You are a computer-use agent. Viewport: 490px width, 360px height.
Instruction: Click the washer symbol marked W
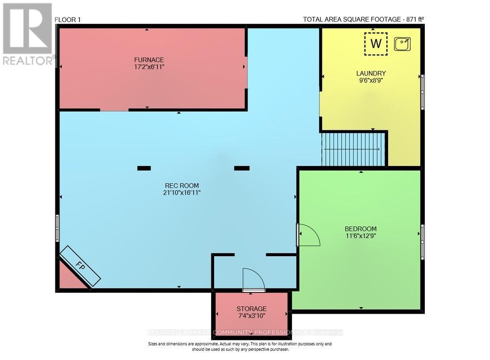point(376,43)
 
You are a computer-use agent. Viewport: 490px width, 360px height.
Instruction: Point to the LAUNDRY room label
point(371,73)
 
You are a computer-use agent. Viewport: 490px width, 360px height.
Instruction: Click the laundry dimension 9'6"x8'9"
point(371,81)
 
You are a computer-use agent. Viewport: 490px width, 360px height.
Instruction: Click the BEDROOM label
point(361,229)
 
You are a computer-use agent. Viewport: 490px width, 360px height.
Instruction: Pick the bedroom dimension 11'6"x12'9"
point(361,236)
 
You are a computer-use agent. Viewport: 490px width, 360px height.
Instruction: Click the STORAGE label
point(251,309)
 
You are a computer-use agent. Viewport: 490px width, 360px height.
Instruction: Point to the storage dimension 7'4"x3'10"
point(251,316)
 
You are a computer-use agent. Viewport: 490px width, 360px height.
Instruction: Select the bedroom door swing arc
point(309,236)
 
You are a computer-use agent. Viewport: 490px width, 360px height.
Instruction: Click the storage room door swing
point(254,280)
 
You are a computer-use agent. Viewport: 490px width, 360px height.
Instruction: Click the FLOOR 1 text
point(68,20)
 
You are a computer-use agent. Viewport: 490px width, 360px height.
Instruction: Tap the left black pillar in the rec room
point(144,168)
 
